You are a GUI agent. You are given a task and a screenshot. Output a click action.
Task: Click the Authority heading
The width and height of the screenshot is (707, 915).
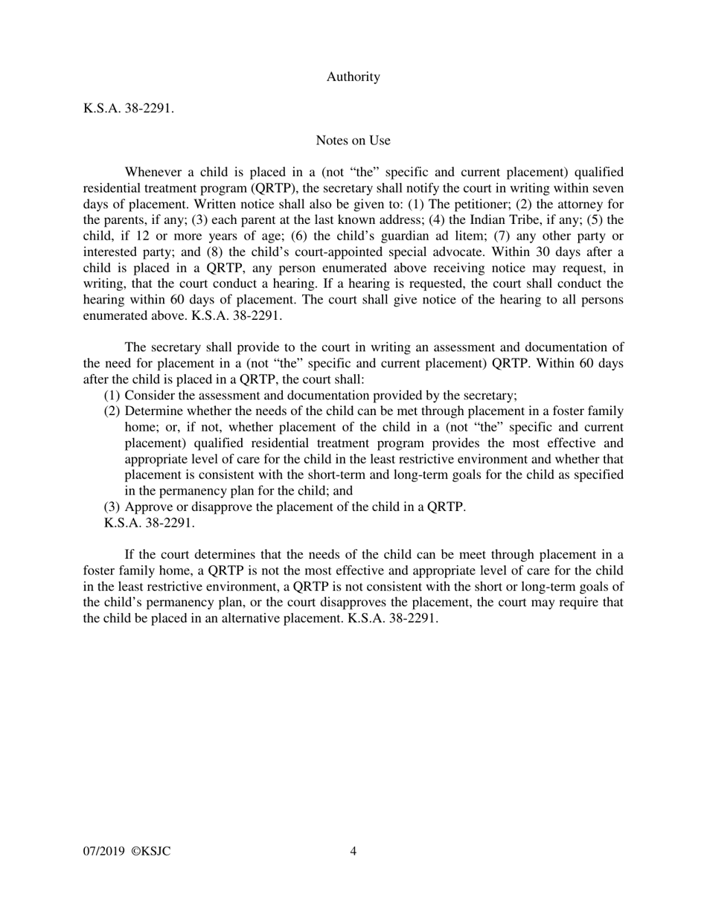pos(353,77)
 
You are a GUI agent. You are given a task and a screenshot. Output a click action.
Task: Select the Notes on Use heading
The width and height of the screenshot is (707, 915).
pos(353,140)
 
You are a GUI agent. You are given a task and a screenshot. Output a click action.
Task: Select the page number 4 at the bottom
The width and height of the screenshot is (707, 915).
pos(353,851)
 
